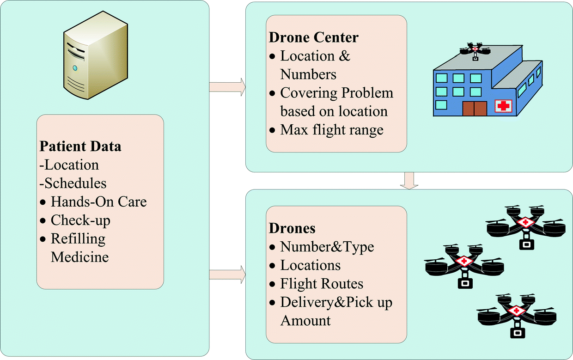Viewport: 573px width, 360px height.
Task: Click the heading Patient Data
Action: pyautogui.click(x=80, y=146)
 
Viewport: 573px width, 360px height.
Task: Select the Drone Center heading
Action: pyautogui.click(x=314, y=37)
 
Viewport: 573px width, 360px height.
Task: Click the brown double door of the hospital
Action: pyautogui.click(x=474, y=109)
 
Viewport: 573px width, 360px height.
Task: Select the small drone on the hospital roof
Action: pyautogui.click(x=475, y=50)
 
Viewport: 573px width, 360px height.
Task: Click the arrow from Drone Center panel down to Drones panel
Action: pyautogui.click(x=408, y=180)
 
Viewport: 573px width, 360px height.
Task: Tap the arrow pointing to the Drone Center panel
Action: pyautogui.click(x=227, y=86)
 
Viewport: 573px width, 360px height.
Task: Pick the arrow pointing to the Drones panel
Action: pyautogui.click(x=227, y=275)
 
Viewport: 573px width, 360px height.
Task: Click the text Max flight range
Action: pyautogui.click(x=332, y=130)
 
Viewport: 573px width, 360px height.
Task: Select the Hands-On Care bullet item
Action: pyautogui.click(x=99, y=202)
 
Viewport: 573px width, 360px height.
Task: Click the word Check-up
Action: pyautogui.click(x=80, y=220)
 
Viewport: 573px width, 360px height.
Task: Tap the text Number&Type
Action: pyautogui.click(x=327, y=247)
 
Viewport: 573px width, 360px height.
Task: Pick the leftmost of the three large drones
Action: pyautogui.click(x=464, y=265)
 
